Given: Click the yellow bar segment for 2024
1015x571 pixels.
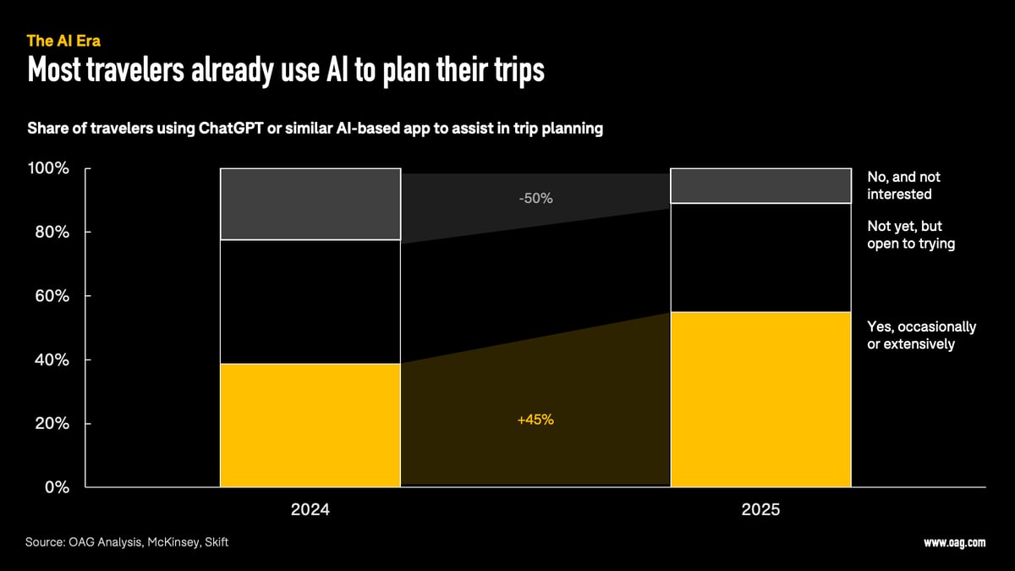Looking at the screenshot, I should [310, 425].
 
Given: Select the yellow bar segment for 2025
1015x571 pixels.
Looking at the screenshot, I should [760, 399].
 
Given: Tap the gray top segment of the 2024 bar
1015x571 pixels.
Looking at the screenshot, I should [310, 204].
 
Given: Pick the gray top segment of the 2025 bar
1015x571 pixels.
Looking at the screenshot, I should [760, 185].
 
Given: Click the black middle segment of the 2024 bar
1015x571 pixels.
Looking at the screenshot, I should [310, 301].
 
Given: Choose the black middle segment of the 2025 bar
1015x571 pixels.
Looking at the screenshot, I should [760, 257].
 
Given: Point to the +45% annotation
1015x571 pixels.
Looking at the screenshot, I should [535, 419].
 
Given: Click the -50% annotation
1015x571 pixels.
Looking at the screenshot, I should [535, 198].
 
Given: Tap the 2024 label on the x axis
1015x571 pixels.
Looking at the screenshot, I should [310, 511].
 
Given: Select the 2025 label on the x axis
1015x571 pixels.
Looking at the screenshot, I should [760, 511].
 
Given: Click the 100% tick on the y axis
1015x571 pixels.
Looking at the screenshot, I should [48, 168].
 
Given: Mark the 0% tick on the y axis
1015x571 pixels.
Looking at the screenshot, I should [56, 487].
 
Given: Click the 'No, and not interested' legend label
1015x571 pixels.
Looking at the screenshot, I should [903, 185].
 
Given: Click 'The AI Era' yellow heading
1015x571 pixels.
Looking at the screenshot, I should [63, 41].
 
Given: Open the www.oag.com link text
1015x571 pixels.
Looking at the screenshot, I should [954, 543].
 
